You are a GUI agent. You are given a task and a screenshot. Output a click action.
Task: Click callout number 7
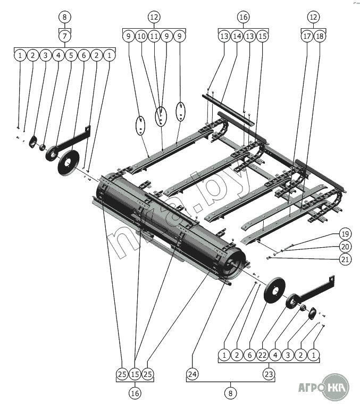coord(64,36)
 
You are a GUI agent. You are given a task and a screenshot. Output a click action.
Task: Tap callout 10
coord(141,36)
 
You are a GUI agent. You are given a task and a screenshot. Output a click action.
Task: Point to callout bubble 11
coord(154,36)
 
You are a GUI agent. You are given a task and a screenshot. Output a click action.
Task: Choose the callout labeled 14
coord(237,36)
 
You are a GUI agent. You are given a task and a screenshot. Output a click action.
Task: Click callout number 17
coord(307,36)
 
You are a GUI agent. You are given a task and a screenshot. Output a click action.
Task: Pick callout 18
coord(320,36)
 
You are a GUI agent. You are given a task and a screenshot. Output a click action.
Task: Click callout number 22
coord(263,354)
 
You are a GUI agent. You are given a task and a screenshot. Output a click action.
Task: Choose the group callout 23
coord(269,375)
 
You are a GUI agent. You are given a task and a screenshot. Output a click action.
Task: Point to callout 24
coord(192,375)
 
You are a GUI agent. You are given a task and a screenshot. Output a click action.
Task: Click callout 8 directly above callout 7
coord(64,17)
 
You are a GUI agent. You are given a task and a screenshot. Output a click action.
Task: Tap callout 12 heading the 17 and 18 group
coord(313,17)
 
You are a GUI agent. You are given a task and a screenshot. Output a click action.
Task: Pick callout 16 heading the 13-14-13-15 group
coord(243,17)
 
